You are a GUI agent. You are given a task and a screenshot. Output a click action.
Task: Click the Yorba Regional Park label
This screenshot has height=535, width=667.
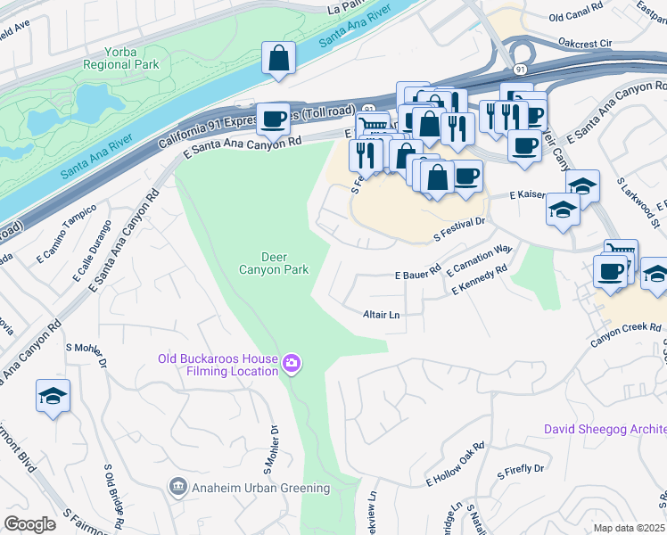coord(120,57)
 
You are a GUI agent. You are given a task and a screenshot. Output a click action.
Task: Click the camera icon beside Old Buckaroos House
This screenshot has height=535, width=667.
coord(291,363)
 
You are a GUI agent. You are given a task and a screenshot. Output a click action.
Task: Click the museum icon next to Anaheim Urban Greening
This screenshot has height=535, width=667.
coord(177,487)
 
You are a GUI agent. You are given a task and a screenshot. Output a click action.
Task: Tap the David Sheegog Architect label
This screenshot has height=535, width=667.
coord(605,429)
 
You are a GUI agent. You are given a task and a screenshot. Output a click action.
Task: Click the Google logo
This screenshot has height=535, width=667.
coord(30,524)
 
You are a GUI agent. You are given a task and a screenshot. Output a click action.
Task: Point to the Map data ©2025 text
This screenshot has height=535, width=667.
coord(630,528)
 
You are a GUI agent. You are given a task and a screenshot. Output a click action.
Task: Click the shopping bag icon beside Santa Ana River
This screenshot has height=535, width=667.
coord(278,58)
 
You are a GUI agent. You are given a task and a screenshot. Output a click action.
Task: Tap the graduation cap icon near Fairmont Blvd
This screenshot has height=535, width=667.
coord(53,396)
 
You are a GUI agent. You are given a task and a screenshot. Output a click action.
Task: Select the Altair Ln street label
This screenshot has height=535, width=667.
coord(382,315)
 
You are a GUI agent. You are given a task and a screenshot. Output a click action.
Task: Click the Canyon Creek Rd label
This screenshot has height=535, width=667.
coord(631,328)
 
